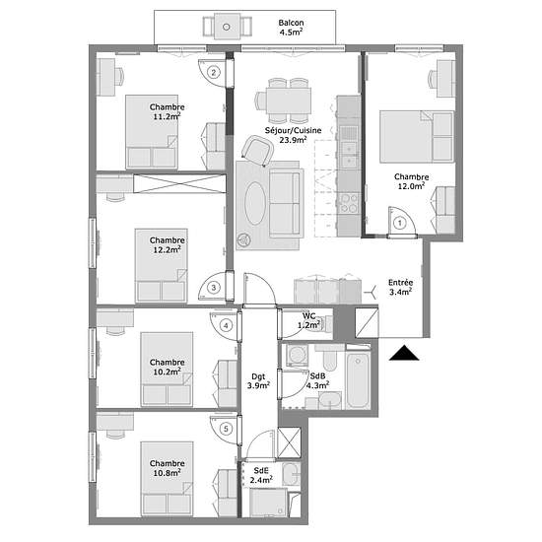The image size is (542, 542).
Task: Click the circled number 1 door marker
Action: point(400,223)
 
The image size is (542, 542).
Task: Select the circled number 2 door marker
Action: point(214,73)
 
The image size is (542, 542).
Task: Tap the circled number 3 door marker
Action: point(214,287)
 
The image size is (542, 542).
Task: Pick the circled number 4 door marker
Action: point(226,325)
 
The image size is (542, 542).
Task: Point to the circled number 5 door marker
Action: point(226,429)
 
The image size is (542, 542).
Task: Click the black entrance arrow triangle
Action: point(404,353)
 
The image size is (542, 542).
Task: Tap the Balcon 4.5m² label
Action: point(291,28)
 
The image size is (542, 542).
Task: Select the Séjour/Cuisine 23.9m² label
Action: point(293,135)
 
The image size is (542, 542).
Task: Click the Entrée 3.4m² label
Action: point(400,287)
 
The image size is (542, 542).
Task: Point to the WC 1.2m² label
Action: point(309,320)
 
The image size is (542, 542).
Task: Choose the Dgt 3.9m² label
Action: point(258,380)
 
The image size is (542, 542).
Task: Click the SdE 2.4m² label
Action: point(261,475)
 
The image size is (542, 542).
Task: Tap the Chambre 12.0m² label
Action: point(411,181)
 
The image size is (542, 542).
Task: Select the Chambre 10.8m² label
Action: point(167,468)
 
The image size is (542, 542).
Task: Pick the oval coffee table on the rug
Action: point(255,204)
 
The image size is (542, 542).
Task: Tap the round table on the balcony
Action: point(227,27)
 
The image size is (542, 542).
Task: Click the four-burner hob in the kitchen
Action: point(349,203)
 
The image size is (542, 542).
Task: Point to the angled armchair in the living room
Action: point(257,151)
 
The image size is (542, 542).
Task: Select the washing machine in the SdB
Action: point(297,355)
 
